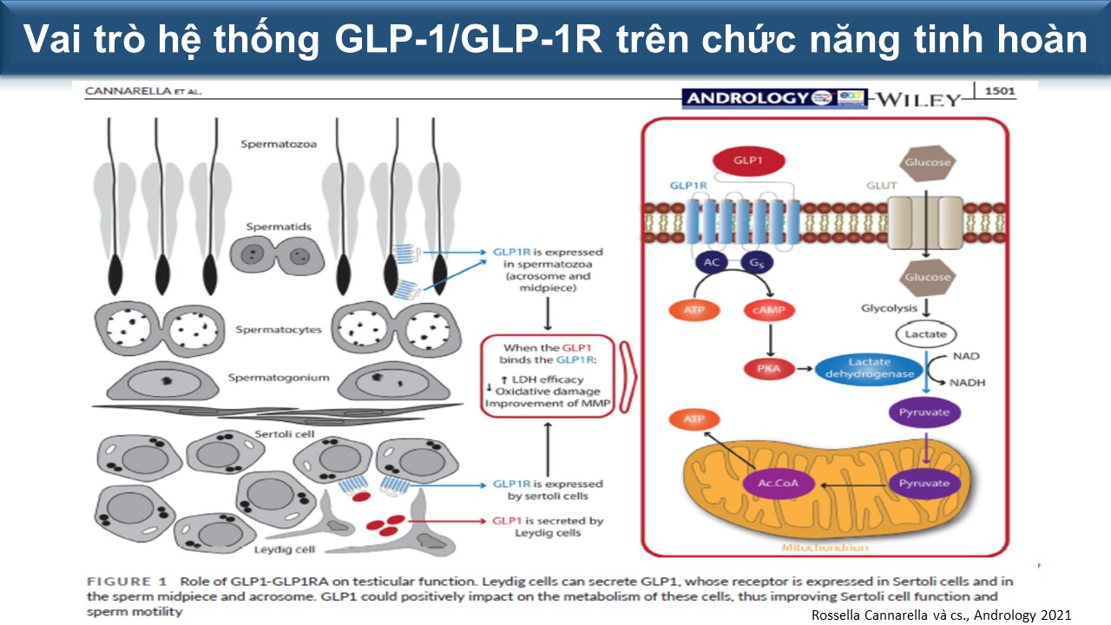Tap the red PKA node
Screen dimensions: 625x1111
(x=764, y=368)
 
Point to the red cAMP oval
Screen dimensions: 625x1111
(x=770, y=310)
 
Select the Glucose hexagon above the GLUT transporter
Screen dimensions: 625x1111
(x=928, y=162)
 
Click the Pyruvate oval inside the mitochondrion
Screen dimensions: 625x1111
(x=924, y=483)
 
